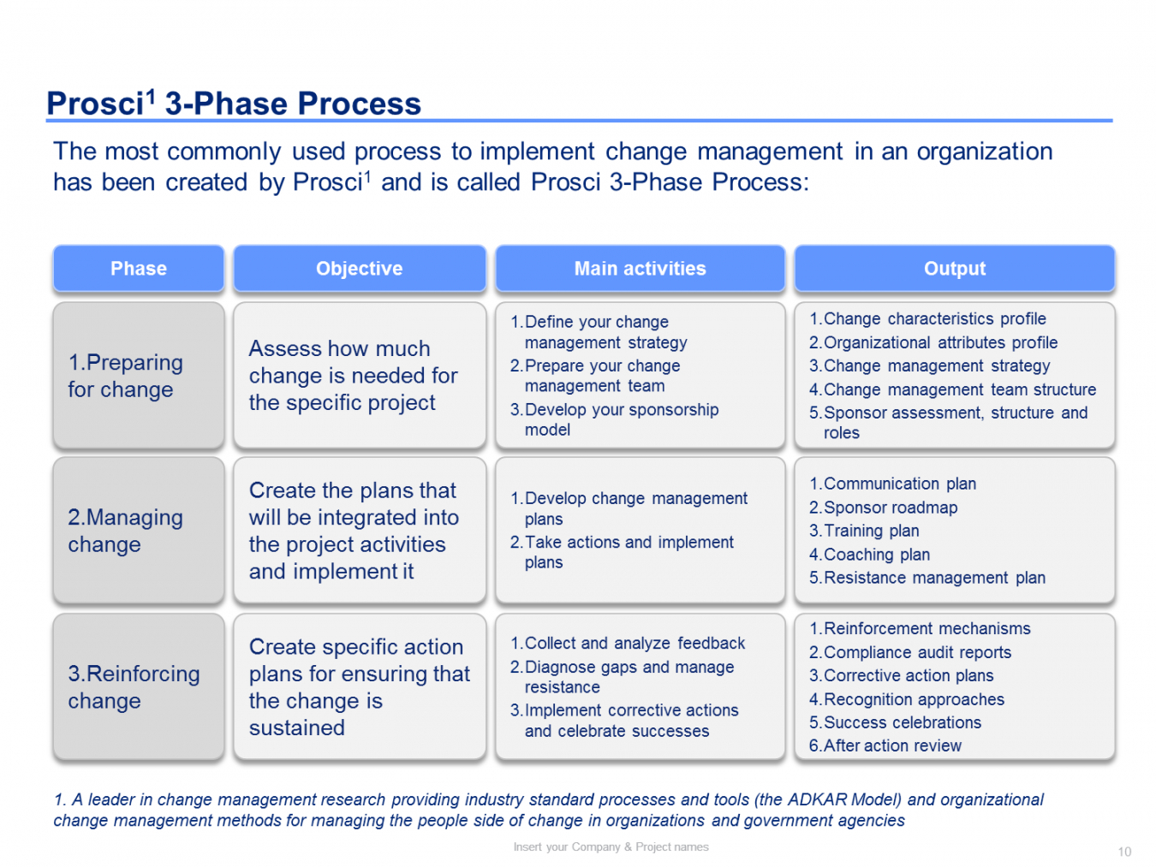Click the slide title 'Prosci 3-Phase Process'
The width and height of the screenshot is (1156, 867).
[x=234, y=104]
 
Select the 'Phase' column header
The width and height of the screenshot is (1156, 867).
[x=139, y=269]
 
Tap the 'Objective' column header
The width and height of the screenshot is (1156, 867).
[x=359, y=269]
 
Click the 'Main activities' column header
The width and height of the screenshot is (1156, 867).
[x=640, y=269]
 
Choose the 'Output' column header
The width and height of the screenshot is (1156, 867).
[x=954, y=269]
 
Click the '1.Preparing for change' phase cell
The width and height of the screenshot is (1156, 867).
[x=126, y=376]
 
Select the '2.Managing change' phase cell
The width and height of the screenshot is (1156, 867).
[x=126, y=531]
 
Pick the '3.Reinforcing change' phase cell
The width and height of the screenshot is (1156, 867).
[x=134, y=686]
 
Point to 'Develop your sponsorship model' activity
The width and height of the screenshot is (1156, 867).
[x=621, y=419]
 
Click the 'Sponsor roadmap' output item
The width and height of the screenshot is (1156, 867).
[x=890, y=508]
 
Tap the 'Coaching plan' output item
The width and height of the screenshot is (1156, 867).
[x=876, y=555]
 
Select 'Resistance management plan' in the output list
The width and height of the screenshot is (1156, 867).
[x=933, y=578]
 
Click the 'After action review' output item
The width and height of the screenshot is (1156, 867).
[x=891, y=745]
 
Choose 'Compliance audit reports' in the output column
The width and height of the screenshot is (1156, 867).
[x=916, y=652]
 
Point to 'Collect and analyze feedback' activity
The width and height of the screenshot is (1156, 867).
[x=634, y=643]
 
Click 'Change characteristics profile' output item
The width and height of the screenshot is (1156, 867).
[x=934, y=318]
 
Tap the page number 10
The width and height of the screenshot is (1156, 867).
[x=1124, y=852]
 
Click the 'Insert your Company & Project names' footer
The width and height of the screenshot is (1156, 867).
[x=611, y=846]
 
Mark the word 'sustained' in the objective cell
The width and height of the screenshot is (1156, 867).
[x=297, y=727]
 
